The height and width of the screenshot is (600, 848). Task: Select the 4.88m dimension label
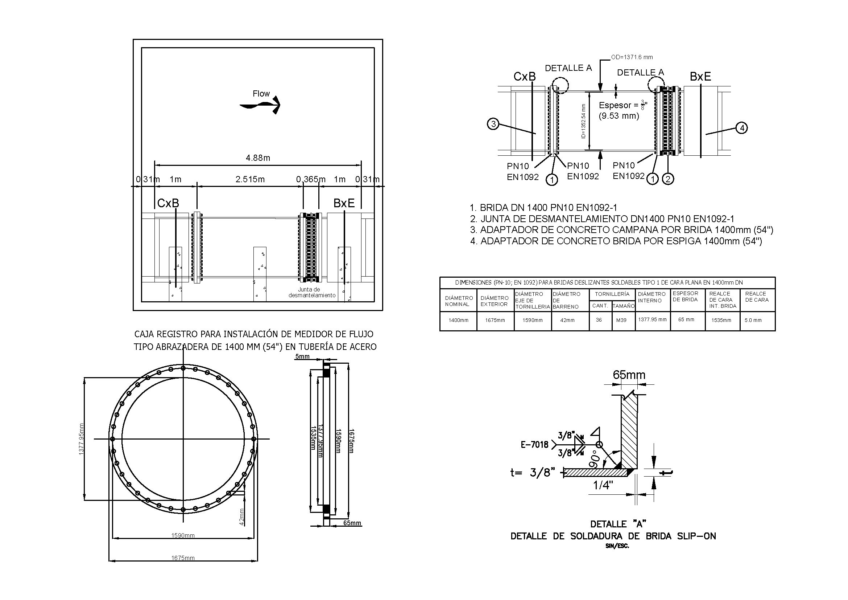pyautogui.click(x=258, y=158)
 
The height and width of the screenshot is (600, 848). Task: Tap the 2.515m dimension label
pyautogui.click(x=250, y=179)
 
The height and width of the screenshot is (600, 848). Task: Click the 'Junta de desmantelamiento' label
pyautogui.click(x=312, y=293)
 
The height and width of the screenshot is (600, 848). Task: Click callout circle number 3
pyautogui.click(x=493, y=124)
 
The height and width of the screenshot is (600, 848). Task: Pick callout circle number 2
pyautogui.click(x=668, y=179)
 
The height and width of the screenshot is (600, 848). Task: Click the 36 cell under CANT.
pyautogui.click(x=599, y=320)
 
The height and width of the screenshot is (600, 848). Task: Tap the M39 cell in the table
pyautogui.click(x=621, y=320)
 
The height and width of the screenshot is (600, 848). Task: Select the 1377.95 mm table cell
pyautogui.click(x=652, y=319)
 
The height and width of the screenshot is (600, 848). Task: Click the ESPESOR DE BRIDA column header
pyautogui.click(x=685, y=297)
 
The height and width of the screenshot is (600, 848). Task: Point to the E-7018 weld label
pyautogui.click(x=534, y=445)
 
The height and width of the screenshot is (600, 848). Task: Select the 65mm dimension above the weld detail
pyautogui.click(x=629, y=375)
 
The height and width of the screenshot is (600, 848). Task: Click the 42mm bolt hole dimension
pyautogui.click(x=241, y=517)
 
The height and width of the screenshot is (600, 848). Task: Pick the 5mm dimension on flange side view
pyautogui.click(x=302, y=357)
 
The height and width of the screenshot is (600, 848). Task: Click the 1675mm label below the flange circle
pyautogui.click(x=183, y=558)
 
